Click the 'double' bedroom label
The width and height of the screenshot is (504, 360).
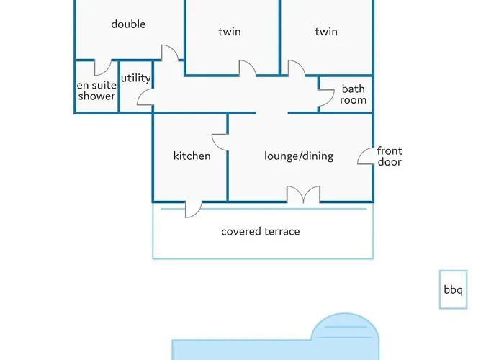(x=128, y=24)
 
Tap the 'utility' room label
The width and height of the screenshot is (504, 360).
(x=135, y=78)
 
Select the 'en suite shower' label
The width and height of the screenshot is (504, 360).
(x=96, y=90)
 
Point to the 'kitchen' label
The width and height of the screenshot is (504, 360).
(x=192, y=156)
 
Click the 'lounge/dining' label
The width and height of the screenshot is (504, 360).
(x=299, y=156)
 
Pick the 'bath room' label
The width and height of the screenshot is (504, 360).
(x=354, y=94)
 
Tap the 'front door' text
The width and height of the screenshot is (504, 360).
(x=390, y=156)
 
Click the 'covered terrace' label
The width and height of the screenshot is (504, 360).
(x=260, y=231)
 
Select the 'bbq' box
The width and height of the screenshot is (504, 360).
(x=453, y=290)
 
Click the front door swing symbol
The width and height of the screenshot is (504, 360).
(x=366, y=156)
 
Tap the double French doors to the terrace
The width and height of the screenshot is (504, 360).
(x=303, y=194)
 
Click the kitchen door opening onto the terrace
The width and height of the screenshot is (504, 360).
(x=193, y=208)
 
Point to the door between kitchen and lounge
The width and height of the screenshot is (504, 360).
(x=220, y=140)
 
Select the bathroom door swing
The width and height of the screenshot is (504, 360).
(x=325, y=94)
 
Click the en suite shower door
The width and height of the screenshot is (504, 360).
(x=102, y=68)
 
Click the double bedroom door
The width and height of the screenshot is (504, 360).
(x=168, y=54)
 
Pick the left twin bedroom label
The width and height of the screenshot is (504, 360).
(x=229, y=32)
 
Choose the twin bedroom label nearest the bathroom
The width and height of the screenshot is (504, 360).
(x=326, y=32)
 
